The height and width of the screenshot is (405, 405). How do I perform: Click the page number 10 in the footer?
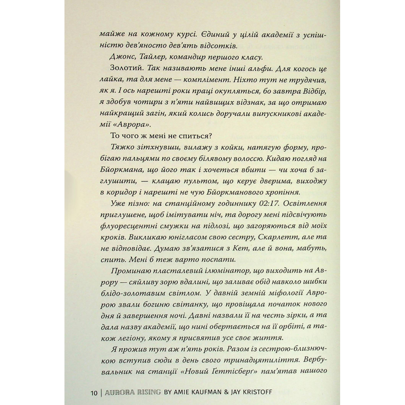(x=94, y=393)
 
